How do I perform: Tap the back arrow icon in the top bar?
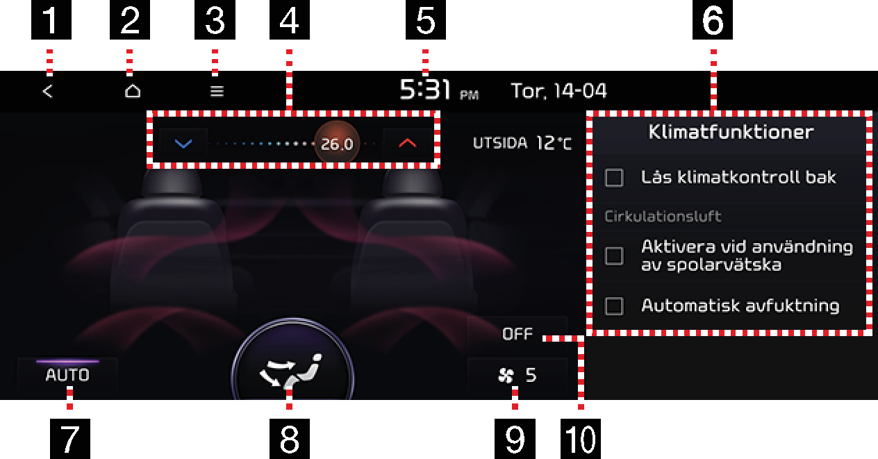point(47,92)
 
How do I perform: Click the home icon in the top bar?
point(133,91)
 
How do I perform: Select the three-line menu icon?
point(217,92)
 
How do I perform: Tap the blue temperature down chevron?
point(183,144)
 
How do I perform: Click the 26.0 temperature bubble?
point(337,144)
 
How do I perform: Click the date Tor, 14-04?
point(559,91)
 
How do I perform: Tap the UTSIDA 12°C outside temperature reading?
point(522,143)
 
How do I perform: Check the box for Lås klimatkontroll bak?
point(614,178)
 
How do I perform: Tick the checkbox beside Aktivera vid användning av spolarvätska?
point(614,256)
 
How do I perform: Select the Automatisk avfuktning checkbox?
point(614,306)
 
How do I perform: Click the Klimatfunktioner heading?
point(731,132)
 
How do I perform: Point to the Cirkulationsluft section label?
point(663,217)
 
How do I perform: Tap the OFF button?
point(517,334)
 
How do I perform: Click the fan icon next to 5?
point(506,376)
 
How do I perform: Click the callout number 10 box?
point(581,439)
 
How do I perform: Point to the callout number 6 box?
point(713,19)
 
